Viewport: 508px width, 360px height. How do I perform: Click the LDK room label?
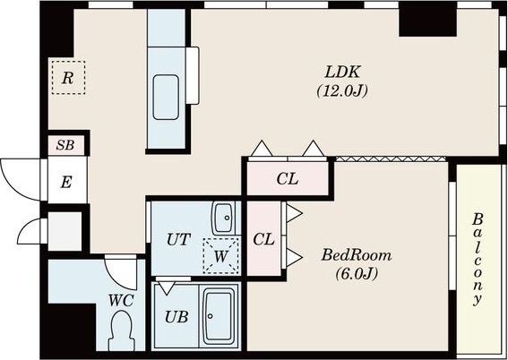coord(342,72)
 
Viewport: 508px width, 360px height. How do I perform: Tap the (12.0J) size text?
coord(342,91)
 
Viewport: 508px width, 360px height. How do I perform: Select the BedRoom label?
coord(357,255)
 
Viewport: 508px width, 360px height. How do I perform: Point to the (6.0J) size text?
coord(357,275)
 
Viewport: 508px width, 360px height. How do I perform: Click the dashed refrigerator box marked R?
coord(68,78)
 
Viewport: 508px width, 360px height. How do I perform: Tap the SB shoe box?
coord(66,145)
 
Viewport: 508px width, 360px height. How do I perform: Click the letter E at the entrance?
coord(65,183)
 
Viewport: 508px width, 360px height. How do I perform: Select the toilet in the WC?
coord(122,330)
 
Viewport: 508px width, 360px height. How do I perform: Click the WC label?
coord(121,301)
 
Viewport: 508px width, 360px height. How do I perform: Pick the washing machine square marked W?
coord(221,256)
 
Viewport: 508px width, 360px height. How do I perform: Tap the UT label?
coord(178,240)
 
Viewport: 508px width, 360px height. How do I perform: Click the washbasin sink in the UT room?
coord(224,218)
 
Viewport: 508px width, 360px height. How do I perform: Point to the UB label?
coord(177,317)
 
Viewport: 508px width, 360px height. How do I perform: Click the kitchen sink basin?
coord(166,98)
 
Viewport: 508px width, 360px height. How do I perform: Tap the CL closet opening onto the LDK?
coord(288,179)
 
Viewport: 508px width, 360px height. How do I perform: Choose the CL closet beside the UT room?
coord(263,239)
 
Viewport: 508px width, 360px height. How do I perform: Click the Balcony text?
coord(478,259)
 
